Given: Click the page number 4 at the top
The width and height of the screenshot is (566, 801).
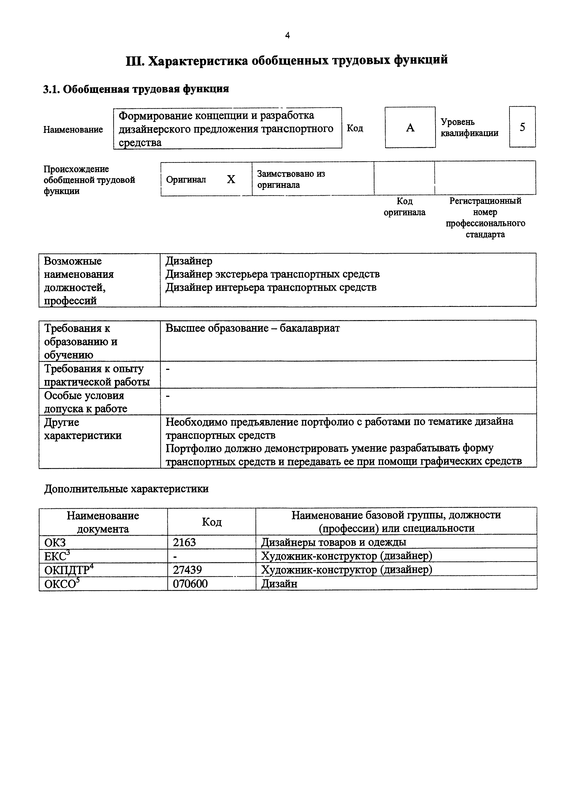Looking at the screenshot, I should [287, 35].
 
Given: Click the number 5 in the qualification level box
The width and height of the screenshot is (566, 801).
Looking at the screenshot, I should [522, 127].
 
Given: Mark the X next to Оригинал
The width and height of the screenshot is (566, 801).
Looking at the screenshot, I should [231, 179].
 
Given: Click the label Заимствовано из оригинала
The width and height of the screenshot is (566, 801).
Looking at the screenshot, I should [291, 179].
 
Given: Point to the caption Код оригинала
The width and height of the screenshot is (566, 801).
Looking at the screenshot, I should [405, 207].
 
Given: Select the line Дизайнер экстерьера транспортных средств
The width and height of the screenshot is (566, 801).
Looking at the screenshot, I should [272, 274].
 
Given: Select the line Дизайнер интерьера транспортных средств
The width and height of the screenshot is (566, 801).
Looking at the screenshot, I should [271, 287].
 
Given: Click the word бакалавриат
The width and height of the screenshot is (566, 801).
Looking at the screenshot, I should [310, 328].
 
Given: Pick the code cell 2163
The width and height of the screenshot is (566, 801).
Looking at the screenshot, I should [184, 543].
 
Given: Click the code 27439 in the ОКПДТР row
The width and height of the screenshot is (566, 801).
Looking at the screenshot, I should [187, 570].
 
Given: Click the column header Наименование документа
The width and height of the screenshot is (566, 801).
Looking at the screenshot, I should [103, 522].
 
